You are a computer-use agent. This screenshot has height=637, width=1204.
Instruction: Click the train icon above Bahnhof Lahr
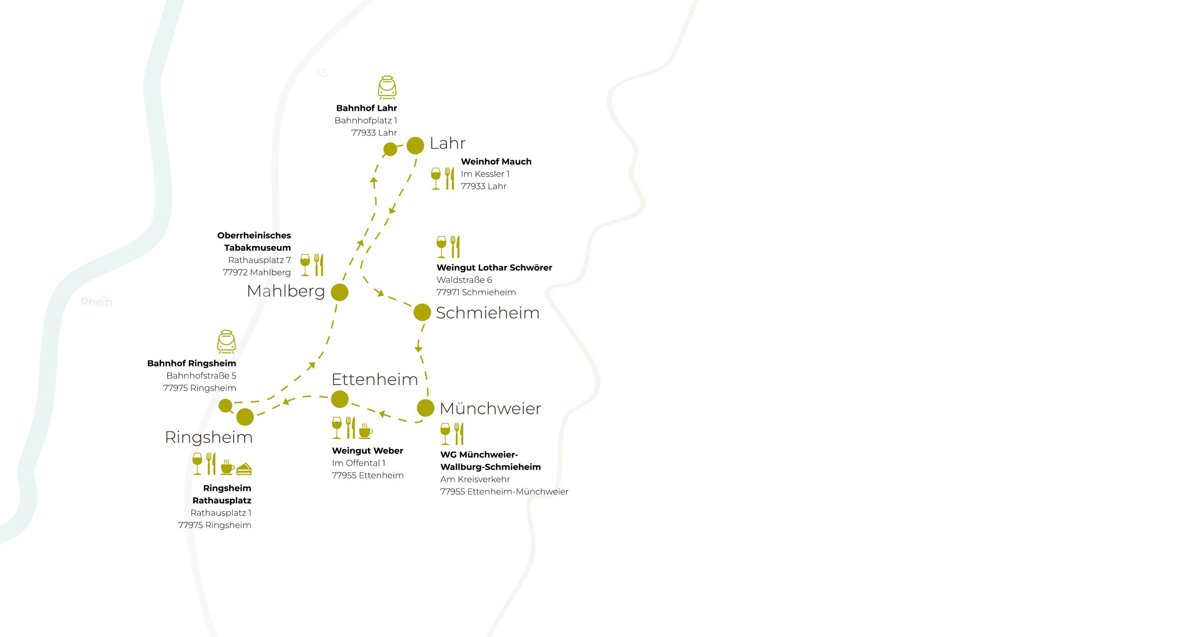[x=387, y=88]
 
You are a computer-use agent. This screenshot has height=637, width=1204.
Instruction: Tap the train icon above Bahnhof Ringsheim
[x=226, y=342]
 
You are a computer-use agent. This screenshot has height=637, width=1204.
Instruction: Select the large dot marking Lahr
[x=415, y=145]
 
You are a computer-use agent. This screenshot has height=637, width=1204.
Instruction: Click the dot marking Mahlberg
[x=340, y=292]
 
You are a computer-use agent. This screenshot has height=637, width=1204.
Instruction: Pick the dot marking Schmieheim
[x=422, y=312]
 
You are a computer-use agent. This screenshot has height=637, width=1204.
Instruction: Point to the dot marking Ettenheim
[x=340, y=399]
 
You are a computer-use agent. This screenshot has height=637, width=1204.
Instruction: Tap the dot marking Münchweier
[x=426, y=408]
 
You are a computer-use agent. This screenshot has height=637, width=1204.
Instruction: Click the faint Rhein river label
[x=96, y=302]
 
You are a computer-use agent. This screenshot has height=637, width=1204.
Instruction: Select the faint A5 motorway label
[x=321, y=73]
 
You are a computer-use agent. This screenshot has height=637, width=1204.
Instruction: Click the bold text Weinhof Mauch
[x=496, y=161]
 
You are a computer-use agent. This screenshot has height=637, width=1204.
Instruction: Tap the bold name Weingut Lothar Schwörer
[x=494, y=268]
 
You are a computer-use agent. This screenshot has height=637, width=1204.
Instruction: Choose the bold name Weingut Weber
[x=367, y=451]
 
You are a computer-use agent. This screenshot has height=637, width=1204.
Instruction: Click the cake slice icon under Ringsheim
[x=244, y=469]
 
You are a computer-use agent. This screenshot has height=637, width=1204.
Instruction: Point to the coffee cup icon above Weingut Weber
[x=365, y=431]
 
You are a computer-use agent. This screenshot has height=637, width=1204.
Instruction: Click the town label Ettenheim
[x=375, y=379]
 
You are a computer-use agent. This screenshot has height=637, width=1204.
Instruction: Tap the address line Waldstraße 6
[x=464, y=280]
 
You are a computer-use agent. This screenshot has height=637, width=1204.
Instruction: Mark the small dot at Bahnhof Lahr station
[x=390, y=150]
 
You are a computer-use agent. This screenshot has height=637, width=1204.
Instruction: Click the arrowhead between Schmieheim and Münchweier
[x=418, y=349]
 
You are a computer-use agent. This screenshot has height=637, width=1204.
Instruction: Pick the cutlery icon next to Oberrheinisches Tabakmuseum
[x=319, y=265]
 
